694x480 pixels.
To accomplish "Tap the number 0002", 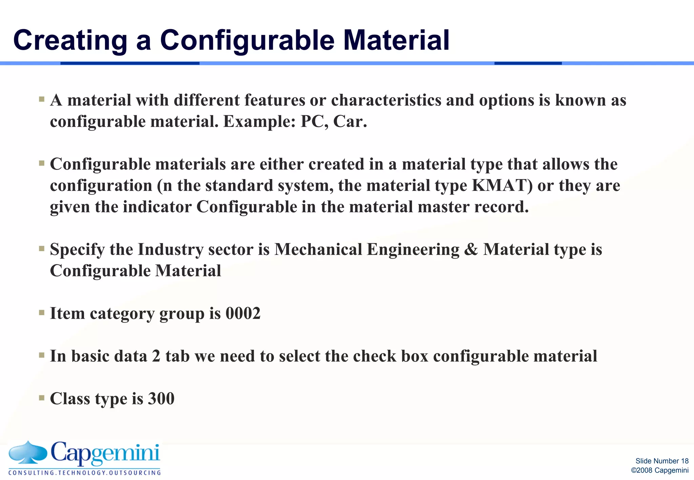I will pyautogui.click(x=243, y=313).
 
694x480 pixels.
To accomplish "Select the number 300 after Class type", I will pyautogui.click(x=161, y=398).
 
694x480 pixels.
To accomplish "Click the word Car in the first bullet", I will pyautogui.click(x=349, y=122).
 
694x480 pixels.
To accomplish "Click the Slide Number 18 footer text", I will pyautogui.click(x=662, y=461).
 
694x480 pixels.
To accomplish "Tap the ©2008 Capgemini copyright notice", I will pyautogui.click(x=659, y=470).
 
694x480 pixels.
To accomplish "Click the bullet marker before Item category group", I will pyautogui.click(x=42, y=312).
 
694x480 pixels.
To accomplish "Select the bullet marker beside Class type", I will pyautogui.click(x=42, y=398).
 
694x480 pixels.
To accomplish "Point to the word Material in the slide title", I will pyautogui.click(x=396, y=41).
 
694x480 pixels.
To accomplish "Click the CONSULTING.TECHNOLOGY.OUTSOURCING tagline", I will pyautogui.click(x=85, y=473).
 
